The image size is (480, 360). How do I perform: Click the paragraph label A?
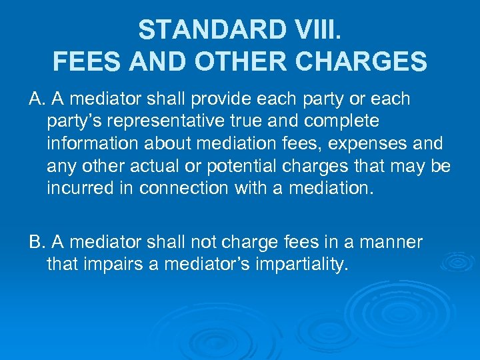[x=36, y=99]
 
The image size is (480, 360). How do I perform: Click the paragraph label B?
[x=36, y=242]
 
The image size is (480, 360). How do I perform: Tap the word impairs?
[x=119, y=264]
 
